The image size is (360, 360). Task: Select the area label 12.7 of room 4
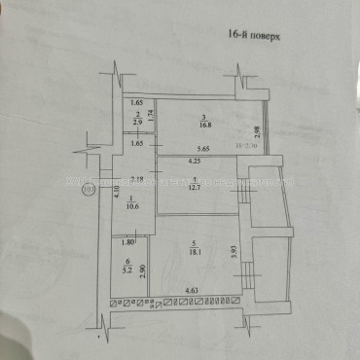coord(197,187)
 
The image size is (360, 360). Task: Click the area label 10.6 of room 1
coord(132,205)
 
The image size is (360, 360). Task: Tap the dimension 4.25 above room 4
coord(196,161)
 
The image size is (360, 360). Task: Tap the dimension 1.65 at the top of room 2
coord(137,103)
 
